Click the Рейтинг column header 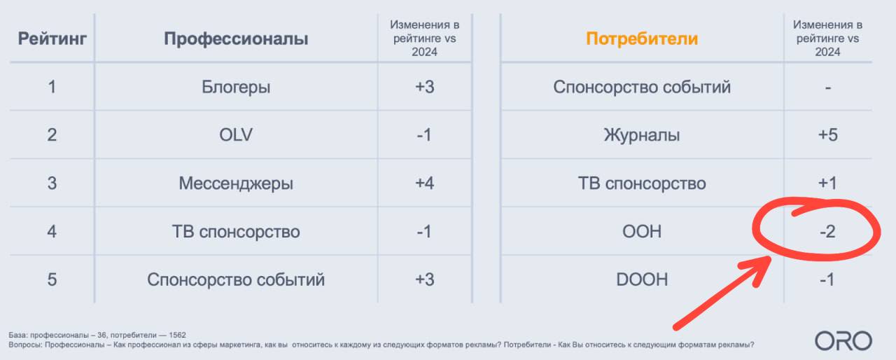(x=52, y=39)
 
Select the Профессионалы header (x=236, y=39)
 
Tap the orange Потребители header (x=642, y=39)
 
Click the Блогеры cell (x=236, y=88)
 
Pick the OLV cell (x=236, y=134)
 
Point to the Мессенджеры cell (x=236, y=184)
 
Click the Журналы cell (x=642, y=135)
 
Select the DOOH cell (x=642, y=279)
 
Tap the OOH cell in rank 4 (x=642, y=231)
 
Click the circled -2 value (x=827, y=231)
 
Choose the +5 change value (x=827, y=134)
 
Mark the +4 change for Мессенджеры (x=424, y=184)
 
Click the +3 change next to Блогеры (x=424, y=87)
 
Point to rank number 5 (x=52, y=279)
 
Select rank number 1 (x=52, y=87)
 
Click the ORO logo (x=843, y=341)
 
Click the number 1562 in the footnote (x=177, y=335)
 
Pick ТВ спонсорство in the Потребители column (x=642, y=184)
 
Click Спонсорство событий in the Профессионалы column (x=236, y=279)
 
